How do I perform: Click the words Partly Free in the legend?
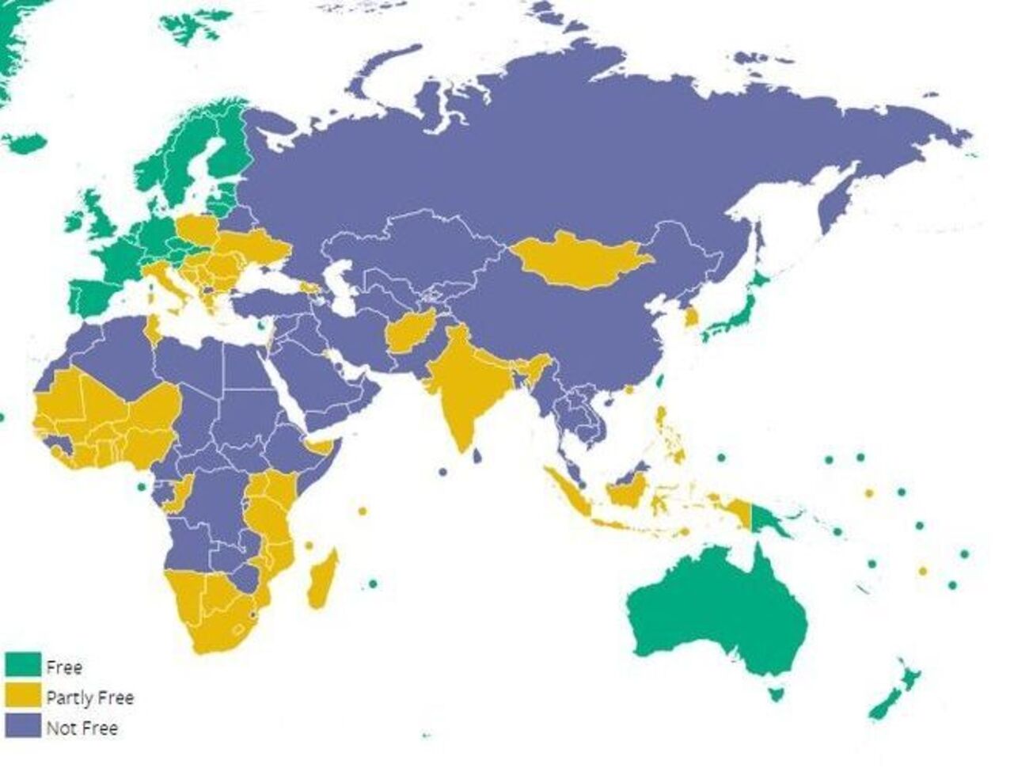click(89, 698)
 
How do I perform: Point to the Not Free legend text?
click(82, 728)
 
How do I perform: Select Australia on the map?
click(712, 610)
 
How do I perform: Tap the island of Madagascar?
click(322, 582)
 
